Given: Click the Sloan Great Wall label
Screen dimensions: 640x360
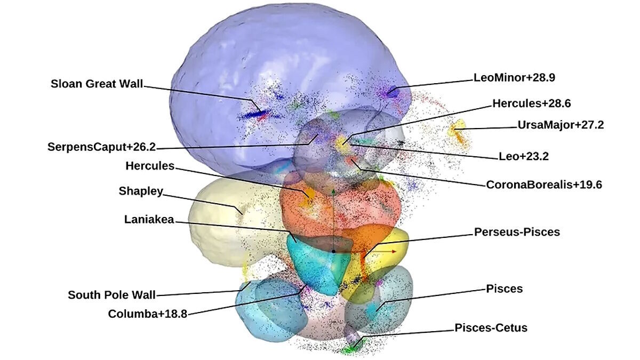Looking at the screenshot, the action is [x=97, y=84].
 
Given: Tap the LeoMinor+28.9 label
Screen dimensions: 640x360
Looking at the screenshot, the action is [x=514, y=78].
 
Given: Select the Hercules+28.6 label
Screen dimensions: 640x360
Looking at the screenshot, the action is [x=531, y=103].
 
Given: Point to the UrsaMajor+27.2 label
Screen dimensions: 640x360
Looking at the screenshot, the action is [x=561, y=125].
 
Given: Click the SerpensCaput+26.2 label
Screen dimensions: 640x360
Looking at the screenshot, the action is [x=102, y=147].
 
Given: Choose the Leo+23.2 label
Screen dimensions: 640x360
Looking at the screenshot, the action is [x=524, y=156].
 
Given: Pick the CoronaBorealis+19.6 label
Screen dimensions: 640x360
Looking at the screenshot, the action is [x=544, y=185].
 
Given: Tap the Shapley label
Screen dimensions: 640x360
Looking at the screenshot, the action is [x=141, y=191].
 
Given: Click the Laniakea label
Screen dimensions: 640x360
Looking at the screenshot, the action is [x=149, y=219].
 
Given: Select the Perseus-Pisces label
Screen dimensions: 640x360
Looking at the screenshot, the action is [x=517, y=232].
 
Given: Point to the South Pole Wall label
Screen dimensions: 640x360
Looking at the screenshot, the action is [x=111, y=295].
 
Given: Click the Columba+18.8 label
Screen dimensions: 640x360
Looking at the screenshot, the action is [x=147, y=314].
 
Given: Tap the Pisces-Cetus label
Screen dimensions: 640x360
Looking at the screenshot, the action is [x=491, y=327].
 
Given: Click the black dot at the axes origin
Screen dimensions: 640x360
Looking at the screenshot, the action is [x=333, y=251].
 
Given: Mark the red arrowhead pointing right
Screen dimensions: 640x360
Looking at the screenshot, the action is [x=394, y=251].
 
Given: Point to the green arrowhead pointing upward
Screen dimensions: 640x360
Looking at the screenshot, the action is [x=333, y=191].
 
